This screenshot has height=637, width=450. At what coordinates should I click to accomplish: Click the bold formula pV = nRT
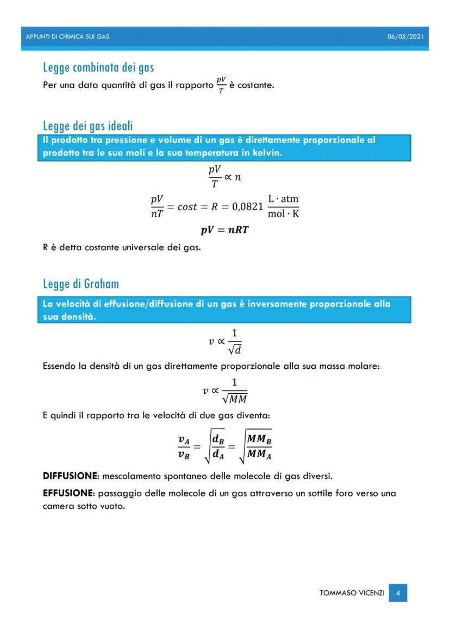[x=225, y=230]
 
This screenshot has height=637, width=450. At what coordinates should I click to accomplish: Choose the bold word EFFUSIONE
[x=68, y=493]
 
